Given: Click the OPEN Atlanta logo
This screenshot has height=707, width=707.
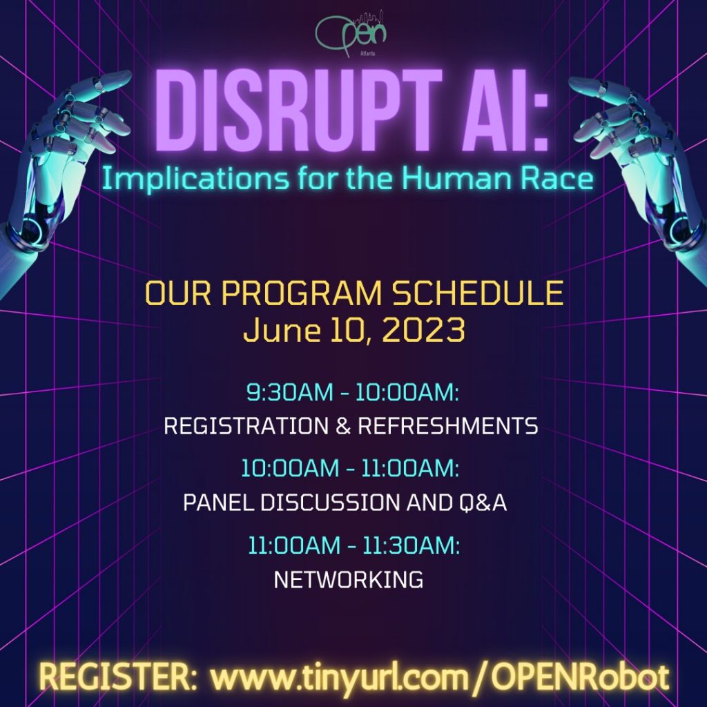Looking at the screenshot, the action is pos(351,35).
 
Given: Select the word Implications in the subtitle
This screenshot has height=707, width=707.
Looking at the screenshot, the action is pos(195,179).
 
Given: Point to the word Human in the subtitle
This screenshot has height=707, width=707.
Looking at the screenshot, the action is pos(456,177).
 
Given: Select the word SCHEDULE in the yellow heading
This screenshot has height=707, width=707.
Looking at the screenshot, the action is pos(478,293).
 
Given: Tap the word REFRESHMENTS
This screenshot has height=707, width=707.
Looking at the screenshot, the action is pos(448,426).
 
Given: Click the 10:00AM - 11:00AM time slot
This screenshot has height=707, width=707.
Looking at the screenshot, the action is pos(350,468).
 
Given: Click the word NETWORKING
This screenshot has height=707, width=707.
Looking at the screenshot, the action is pos(349,579).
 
